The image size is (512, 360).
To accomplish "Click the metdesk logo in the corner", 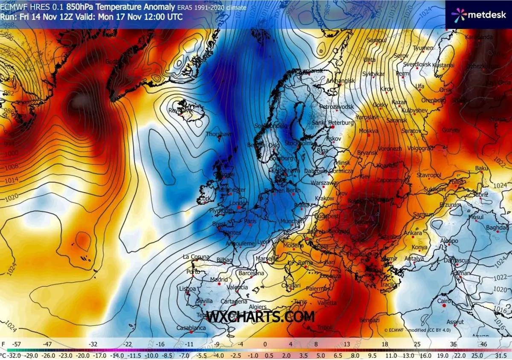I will (478, 14).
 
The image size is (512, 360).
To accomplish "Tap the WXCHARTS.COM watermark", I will (261, 316).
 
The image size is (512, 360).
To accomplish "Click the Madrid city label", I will (219, 280).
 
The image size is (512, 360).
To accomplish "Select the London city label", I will (239, 203).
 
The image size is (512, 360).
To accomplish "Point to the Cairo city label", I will (444, 301).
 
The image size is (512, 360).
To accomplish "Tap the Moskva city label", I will (369, 131).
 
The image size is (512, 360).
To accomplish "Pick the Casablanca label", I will (191, 328).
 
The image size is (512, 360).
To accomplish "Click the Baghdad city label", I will (497, 228).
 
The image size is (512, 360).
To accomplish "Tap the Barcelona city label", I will (251, 273).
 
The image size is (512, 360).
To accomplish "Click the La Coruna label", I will (196, 257).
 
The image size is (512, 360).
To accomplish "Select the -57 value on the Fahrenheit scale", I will (17, 344).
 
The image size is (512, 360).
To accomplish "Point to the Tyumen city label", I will (423, 48).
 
